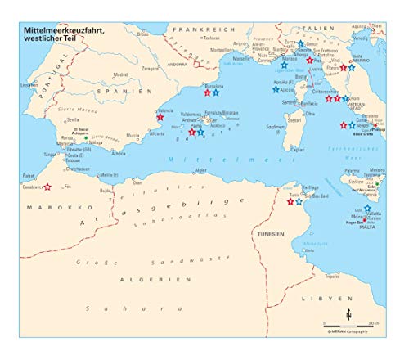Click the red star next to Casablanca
click(x=48, y=187)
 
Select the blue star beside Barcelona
click(x=216, y=93)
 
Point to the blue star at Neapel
click(x=352, y=125)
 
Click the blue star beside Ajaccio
click(x=276, y=89)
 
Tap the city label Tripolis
click(x=331, y=276)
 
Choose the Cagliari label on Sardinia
click(x=297, y=150)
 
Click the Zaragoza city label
click(x=149, y=69)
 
